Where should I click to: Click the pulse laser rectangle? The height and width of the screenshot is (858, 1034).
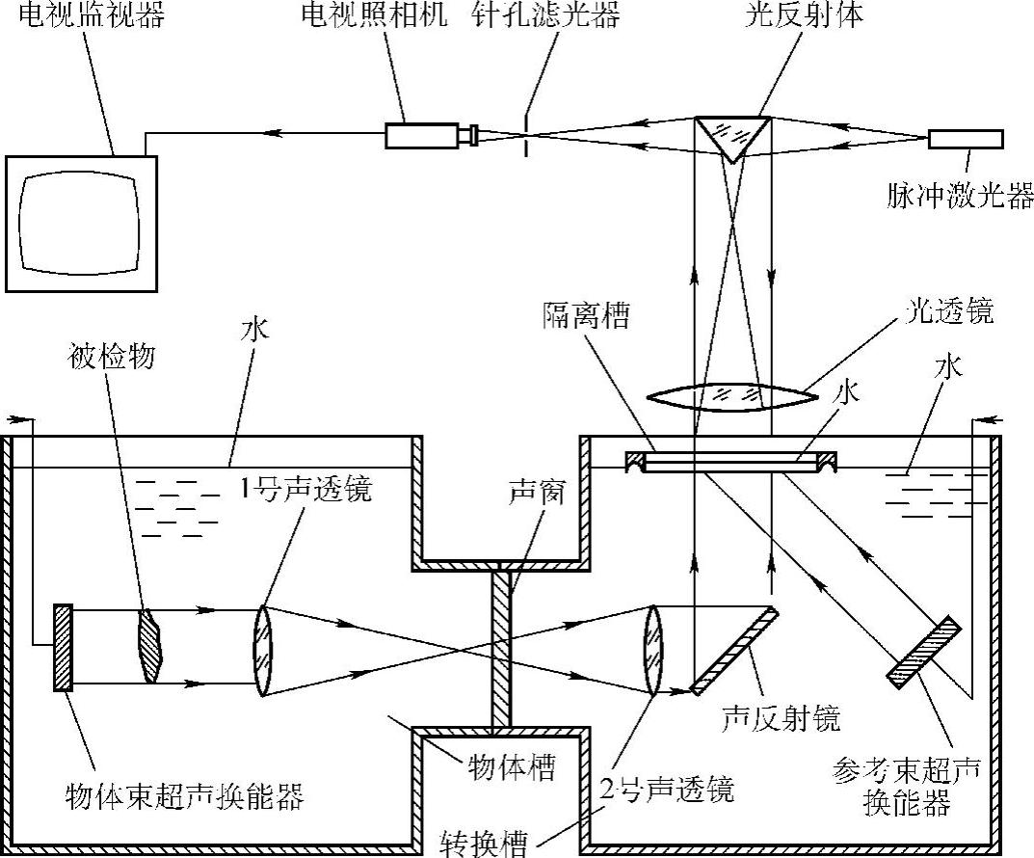coord(966,139)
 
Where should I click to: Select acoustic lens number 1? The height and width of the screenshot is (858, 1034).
coord(263,649)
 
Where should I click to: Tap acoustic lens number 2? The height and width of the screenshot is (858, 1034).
coord(653,649)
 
